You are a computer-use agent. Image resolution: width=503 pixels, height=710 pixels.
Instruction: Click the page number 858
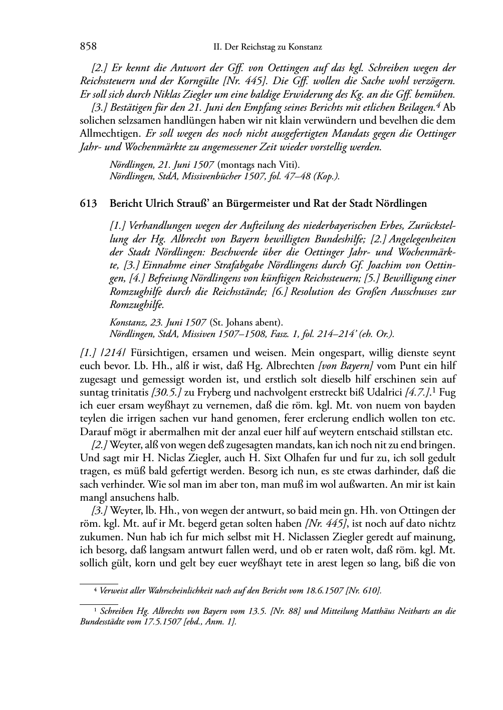click(88, 47)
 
